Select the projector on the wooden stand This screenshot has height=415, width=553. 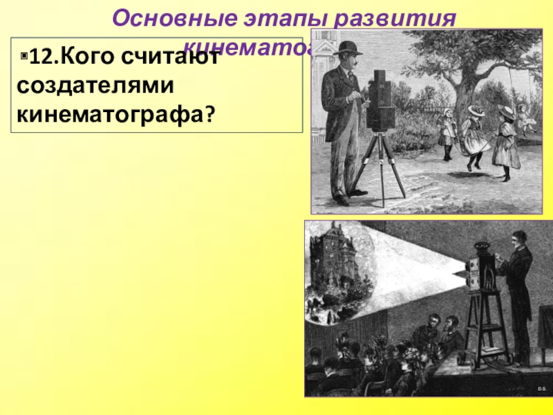(478, 277)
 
